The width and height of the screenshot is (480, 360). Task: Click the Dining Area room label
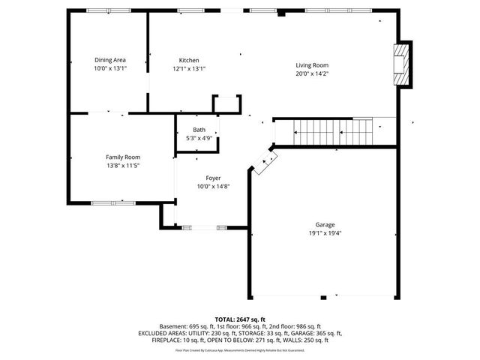pyautogui.click(x=109, y=60)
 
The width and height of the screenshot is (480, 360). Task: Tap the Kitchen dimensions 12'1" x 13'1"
pyautogui.click(x=189, y=68)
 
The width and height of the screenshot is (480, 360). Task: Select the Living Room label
pyautogui.click(x=311, y=65)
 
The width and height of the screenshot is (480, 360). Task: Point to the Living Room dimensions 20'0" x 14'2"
pyautogui.click(x=311, y=73)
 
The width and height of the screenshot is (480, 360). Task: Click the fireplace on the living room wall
pyautogui.click(x=403, y=64)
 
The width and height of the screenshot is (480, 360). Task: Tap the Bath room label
pyautogui.click(x=198, y=130)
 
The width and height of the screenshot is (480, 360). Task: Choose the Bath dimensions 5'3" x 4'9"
pyautogui.click(x=198, y=138)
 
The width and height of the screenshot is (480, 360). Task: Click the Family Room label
pyautogui.click(x=123, y=157)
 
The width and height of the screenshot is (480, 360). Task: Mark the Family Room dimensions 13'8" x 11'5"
pyautogui.click(x=123, y=165)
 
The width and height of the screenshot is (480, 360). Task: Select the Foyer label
pyautogui.click(x=213, y=178)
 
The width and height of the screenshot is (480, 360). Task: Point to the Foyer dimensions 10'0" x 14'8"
pyautogui.click(x=213, y=186)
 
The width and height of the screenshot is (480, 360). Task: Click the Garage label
pyautogui.click(x=325, y=224)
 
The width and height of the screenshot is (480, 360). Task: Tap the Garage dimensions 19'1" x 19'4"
pyautogui.click(x=325, y=232)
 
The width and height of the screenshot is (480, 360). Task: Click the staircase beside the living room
pyautogui.click(x=334, y=132)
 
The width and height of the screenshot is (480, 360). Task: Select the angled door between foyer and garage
pyautogui.click(x=264, y=162)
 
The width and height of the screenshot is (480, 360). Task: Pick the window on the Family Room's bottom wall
pyautogui.click(x=113, y=202)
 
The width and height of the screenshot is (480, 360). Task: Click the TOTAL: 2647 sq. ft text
pyautogui.click(x=240, y=319)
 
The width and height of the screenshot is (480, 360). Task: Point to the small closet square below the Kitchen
pyautogui.click(x=226, y=104)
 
